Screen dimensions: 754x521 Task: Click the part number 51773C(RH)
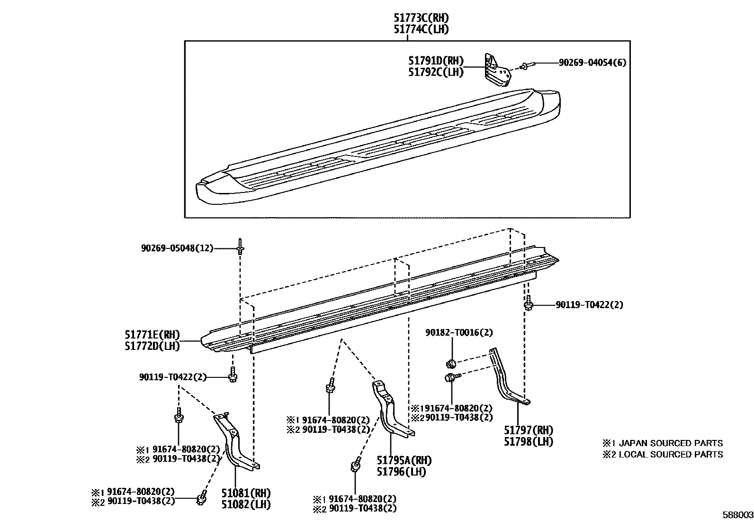pos(422,18)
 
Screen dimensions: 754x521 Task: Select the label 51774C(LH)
pos(422,29)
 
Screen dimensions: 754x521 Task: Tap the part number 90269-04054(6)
pos(592,63)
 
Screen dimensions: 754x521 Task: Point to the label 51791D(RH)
pos(436,61)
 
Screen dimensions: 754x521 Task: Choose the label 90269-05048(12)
pos(178,248)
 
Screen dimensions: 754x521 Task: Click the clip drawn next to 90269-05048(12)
pos(240,247)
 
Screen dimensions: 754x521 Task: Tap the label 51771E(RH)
pos(153,335)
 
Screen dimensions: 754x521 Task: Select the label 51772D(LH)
pos(153,346)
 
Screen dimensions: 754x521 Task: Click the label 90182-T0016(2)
pos(459,333)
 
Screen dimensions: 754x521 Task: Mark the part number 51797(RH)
pos(529,430)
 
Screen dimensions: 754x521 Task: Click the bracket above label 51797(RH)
pos(508,377)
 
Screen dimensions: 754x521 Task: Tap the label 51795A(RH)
pos(404,460)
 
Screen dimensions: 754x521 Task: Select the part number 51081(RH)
pos(246,494)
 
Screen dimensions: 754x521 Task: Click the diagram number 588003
pos(737,515)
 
